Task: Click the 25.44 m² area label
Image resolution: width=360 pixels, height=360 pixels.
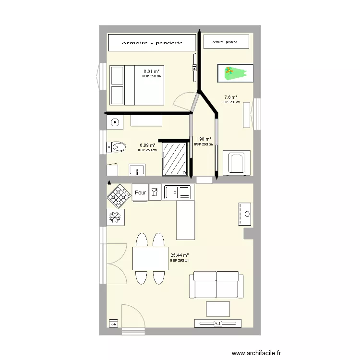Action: [x=180, y=256]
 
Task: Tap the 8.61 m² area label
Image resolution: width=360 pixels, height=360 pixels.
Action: [x=152, y=72]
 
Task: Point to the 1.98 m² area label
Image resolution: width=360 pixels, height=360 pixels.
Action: [x=204, y=140]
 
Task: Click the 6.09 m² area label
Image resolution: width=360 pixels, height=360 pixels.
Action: [x=147, y=145]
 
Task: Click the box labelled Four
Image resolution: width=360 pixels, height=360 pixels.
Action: [x=140, y=192]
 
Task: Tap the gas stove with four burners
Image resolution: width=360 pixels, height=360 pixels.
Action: [x=119, y=195]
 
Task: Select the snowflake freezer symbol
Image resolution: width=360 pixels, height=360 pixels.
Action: [x=115, y=217]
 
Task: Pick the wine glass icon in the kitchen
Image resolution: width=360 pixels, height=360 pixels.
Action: [x=155, y=192]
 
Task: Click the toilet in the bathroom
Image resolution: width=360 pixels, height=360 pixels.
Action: [x=117, y=146]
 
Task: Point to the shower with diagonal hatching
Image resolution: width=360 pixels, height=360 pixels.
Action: [x=174, y=158]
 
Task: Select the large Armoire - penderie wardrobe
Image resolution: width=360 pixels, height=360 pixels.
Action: [x=152, y=43]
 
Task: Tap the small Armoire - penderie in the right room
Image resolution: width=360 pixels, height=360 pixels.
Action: [x=226, y=42]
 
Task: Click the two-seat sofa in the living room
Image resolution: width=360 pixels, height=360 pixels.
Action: [x=216, y=284]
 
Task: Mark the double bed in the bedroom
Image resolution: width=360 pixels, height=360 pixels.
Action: [x=137, y=85]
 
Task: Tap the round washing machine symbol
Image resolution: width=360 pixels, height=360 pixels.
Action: [x=115, y=122]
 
